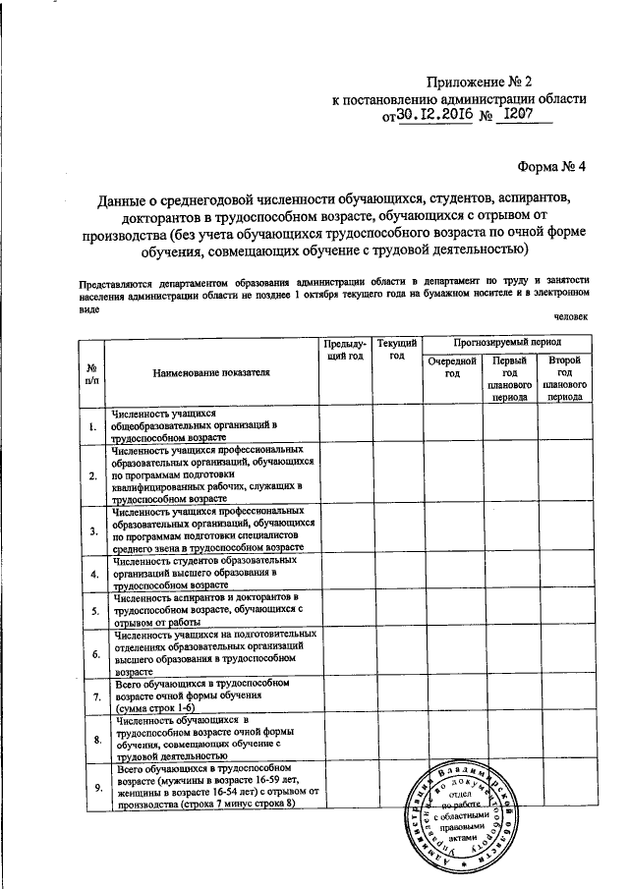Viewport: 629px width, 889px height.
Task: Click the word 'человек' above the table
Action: click(571, 316)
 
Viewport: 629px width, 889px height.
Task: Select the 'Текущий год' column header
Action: click(397, 350)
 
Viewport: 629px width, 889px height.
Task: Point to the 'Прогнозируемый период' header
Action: click(508, 344)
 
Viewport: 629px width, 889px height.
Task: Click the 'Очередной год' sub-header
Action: click(451, 368)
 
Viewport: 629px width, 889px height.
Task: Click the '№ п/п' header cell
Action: click(90, 373)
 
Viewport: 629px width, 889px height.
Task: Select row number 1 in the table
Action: click(90, 426)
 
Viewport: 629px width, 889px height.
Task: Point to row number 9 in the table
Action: click(90, 786)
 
